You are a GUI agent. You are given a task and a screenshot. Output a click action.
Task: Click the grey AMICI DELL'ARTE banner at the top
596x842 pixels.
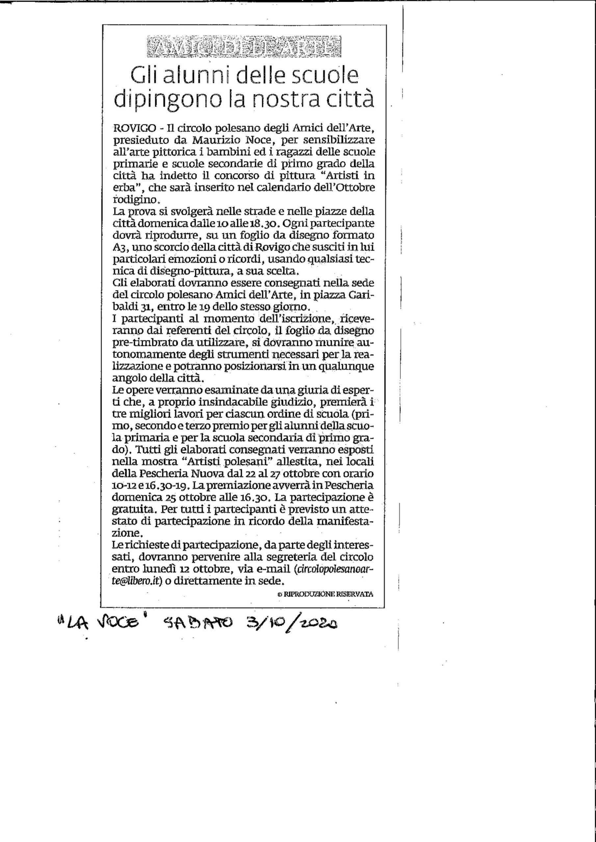[243, 47]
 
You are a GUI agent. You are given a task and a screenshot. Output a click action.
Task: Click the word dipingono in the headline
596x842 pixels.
[167, 98]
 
